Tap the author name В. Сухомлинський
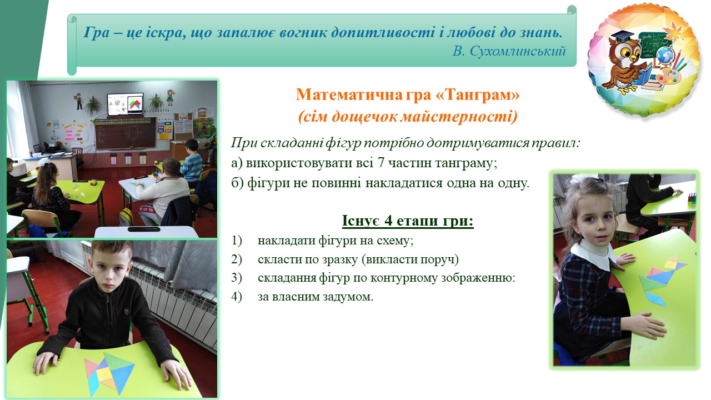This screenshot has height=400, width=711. pyautogui.click(x=509, y=51)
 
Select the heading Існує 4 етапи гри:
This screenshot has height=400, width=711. pyautogui.click(x=408, y=221)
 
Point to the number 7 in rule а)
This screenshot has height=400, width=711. pyautogui.click(x=381, y=163)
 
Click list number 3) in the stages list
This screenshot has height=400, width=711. pyautogui.click(x=237, y=278)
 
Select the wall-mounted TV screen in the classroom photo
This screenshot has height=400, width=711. pyautogui.click(x=126, y=104)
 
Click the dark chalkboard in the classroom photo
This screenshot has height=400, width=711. pyautogui.click(x=126, y=133)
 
